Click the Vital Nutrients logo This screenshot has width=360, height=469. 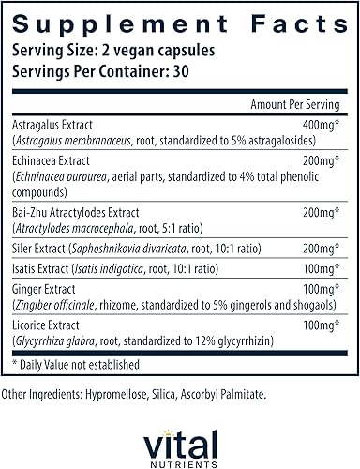(x=180, y=438)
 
